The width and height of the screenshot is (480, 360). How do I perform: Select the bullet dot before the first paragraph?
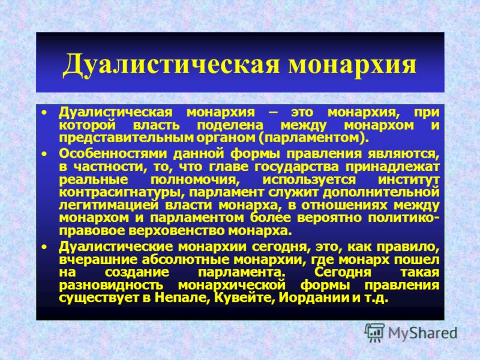pyautogui.click(x=44, y=113)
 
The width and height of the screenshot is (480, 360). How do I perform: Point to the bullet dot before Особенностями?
pyautogui.click(x=44, y=154)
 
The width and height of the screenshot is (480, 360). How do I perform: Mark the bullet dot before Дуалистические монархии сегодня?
pyautogui.click(x=44, y=247)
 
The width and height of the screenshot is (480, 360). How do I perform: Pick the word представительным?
pyautogui.click(x=126, y=139)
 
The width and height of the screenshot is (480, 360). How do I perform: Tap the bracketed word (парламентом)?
pyautogui.click(x=312, y=139)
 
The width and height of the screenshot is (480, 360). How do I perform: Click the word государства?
pyautogui.click(x=296, y=167)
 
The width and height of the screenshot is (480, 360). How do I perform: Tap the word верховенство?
pyautogui.click(x=177, y=231)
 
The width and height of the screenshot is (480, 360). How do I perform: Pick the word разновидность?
pyautogui.click(x=111, y=286)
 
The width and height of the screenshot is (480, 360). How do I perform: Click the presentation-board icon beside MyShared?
pyautogui.click(x=374, y=332)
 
